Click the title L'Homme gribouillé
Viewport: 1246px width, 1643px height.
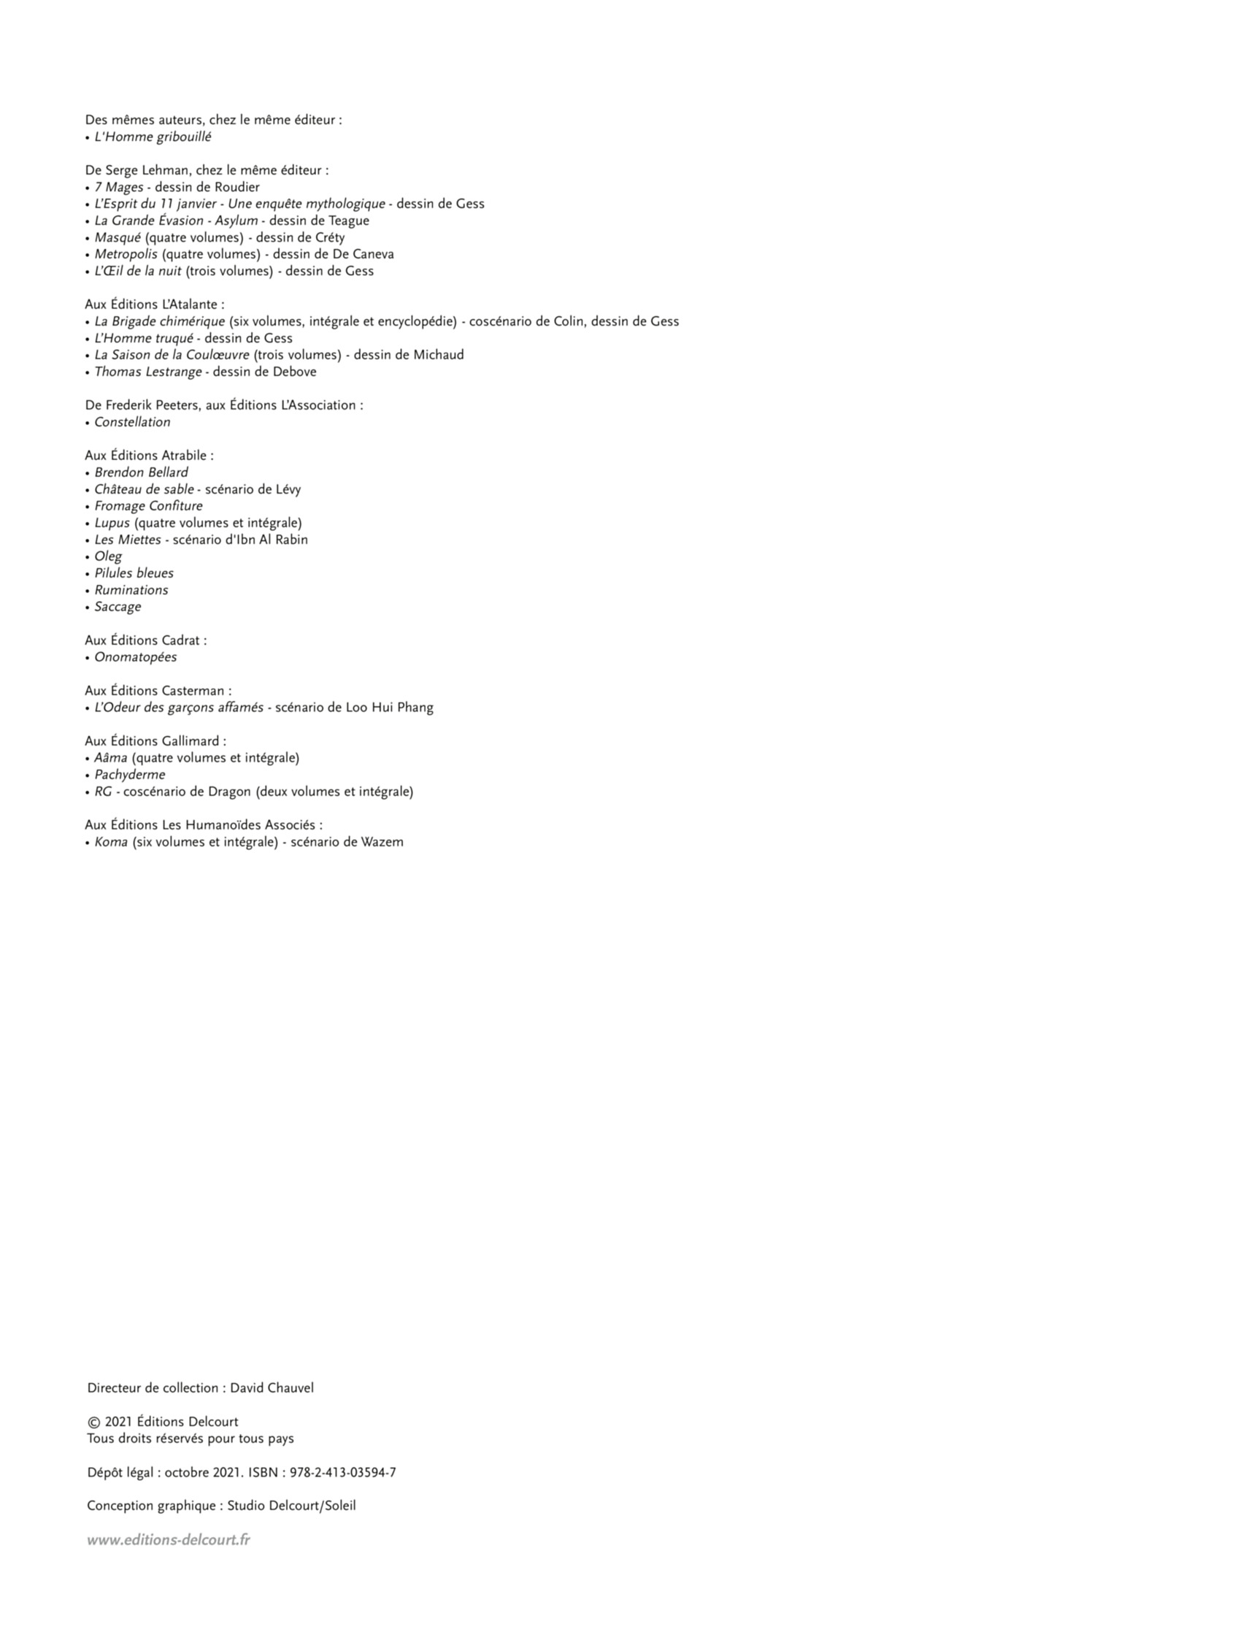(153, 137)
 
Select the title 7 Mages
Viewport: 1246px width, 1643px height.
(118, 187)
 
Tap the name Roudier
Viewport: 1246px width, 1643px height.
(237, 187)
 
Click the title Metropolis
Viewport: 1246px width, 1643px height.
(126, 254)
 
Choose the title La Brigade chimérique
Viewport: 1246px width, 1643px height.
(159, 321)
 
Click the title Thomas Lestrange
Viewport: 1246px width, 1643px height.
(147, 372)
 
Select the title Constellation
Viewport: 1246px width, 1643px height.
(132, 422)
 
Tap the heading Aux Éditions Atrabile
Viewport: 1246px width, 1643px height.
(148, 456)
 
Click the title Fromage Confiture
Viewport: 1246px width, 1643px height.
(147, 506)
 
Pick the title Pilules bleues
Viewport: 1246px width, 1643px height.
(134, 573)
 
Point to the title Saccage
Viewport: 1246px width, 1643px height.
(118, 607)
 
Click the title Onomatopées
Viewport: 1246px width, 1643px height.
(135, 657)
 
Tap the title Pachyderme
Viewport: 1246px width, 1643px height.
(129, 775)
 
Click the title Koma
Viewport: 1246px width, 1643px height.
(111, 842)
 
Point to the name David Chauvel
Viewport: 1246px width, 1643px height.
(272, 1388)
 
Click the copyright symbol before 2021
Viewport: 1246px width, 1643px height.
(93, 1422)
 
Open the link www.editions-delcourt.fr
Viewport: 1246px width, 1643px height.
(169, 1540)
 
